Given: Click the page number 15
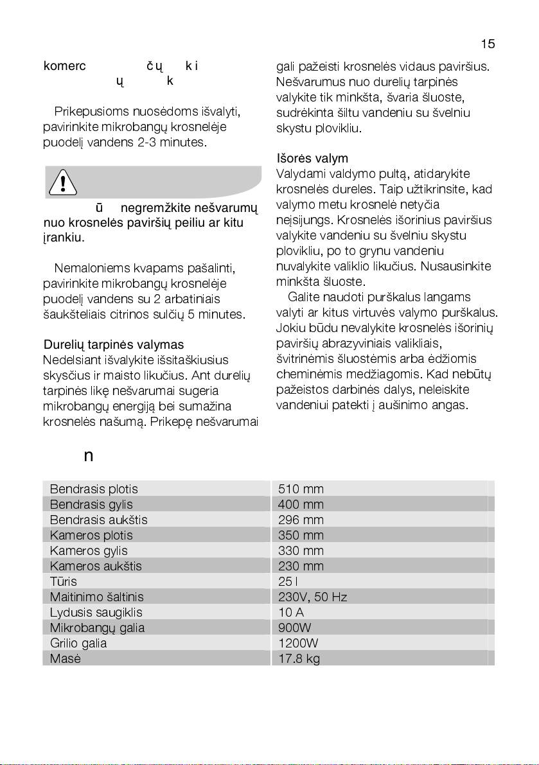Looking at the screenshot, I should (488, 44).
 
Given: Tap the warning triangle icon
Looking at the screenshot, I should (62, 183).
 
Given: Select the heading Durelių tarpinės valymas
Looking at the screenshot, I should (113, 345).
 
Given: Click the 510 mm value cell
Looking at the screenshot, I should (301, 489).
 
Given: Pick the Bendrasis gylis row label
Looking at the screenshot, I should (91, 505).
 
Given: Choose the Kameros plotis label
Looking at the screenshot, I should (91, 536).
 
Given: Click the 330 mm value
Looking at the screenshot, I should (301, 551).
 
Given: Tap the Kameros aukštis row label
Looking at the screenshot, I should (96, 567).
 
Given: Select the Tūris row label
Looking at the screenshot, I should (63, 582).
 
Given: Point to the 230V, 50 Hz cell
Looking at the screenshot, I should (313, 597).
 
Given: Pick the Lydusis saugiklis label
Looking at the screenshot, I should (96, 613).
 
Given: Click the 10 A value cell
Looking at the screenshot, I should (291, 613).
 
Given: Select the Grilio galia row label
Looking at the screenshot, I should (78, 643).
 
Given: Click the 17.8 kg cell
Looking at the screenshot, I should (299, 658).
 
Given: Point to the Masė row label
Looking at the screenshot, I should (65, 658).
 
